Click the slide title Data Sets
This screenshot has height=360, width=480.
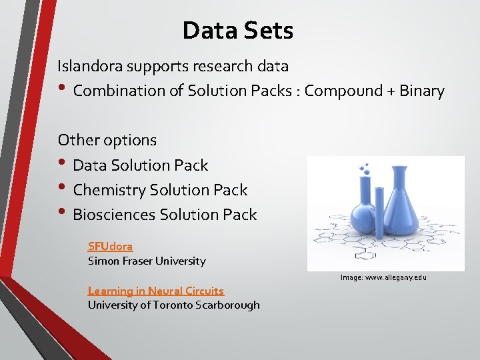237,30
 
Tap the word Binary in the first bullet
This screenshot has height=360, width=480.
421,91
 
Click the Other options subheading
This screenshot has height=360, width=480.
107,140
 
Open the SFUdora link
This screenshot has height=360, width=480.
110,246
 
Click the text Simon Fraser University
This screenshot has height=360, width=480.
147,261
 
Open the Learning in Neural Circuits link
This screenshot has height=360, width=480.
155,291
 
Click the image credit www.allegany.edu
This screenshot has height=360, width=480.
383,277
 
